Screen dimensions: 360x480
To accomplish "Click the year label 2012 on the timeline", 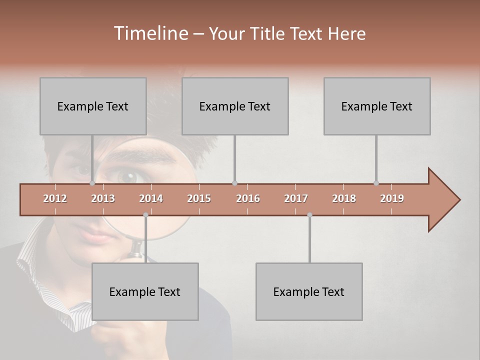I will [x=55, y=198].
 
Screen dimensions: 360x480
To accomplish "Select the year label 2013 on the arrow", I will [x=103, y=198].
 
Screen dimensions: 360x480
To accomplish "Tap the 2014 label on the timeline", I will [x=151, y=198].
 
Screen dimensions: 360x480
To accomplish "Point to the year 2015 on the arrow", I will [x=199, y=198].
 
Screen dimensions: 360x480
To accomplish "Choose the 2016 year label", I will [x=248, y=198].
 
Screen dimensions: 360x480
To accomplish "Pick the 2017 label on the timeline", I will [x=296, y=198].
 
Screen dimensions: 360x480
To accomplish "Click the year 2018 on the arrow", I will [x=344, y=198].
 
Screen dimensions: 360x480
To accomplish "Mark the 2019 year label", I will [x=392, y=198].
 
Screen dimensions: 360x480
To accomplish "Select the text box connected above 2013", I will [x=93, y=106].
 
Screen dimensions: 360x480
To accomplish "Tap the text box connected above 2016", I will [x=235, y=106].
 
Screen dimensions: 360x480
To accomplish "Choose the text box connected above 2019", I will [x=377, y=106].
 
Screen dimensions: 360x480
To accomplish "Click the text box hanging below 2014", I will [x=145, y=291].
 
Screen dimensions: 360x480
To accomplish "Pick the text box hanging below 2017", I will [x=309, y=291].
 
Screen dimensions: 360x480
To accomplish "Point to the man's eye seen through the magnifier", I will [x=127, y=176].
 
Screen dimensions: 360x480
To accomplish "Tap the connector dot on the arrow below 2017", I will [x=309, y=215].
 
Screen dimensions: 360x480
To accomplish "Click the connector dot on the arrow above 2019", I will [x=376, y=183].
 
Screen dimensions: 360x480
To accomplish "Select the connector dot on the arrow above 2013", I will [x=92, y=183].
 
